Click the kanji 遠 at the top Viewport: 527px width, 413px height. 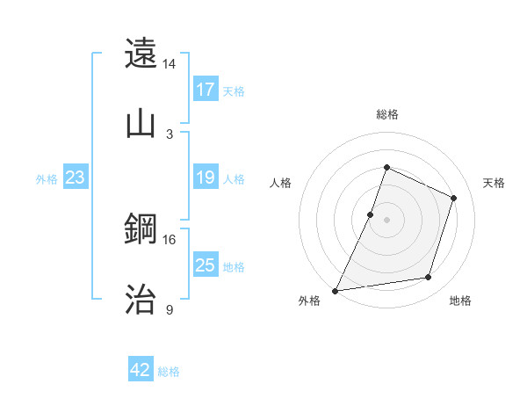point(141,54)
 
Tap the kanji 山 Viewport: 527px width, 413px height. point(141,123)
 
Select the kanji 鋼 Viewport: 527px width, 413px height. point(141,229)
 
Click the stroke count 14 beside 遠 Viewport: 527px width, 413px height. point(170,64)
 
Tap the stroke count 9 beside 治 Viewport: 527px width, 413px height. point(170,309)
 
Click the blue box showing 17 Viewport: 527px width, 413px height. point(205,90)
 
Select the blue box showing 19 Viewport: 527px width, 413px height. point(205,178)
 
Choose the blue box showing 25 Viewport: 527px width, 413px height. point(205,265)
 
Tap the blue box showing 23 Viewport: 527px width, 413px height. point(75,178)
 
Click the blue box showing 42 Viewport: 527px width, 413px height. point(141,370)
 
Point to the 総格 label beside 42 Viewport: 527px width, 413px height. point(169,372)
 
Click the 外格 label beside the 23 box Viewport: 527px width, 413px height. point(47,179)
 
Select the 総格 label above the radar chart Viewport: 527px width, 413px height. point(386,114)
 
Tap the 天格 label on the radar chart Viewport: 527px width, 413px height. point(494,183)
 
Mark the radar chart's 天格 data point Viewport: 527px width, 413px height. point(454,198)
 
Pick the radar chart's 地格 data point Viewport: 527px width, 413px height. point(429,278)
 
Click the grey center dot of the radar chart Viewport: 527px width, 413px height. point(386,220)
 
